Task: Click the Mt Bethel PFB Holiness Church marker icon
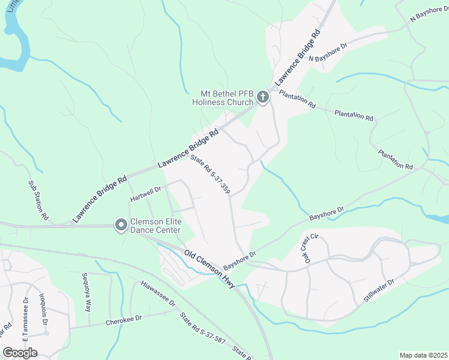262,97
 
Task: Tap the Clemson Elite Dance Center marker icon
121,225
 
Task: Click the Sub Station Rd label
38,200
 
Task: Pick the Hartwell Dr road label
146,193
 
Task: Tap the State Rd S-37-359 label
210,174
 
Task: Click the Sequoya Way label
86,292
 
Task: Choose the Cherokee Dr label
124,320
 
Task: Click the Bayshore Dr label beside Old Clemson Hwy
240,260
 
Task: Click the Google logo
20,352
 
